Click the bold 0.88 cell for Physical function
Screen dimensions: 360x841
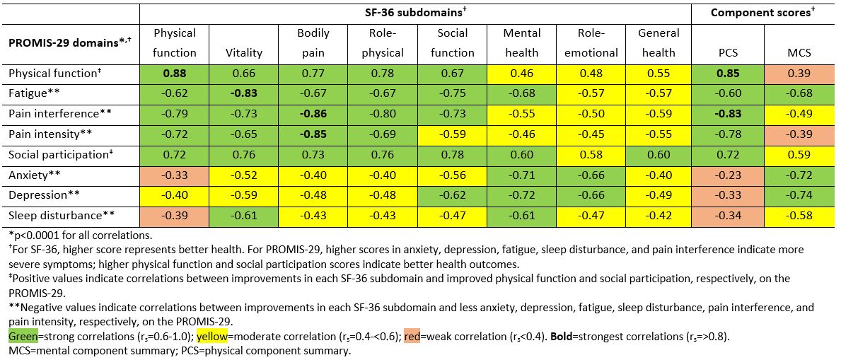[175, 73]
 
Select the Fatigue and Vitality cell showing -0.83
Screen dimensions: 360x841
[243, 93]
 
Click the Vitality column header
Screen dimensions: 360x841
[243, 52]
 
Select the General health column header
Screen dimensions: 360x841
[658, 42]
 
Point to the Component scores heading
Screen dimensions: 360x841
[764, 13]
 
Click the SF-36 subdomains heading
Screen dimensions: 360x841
[415, 13]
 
